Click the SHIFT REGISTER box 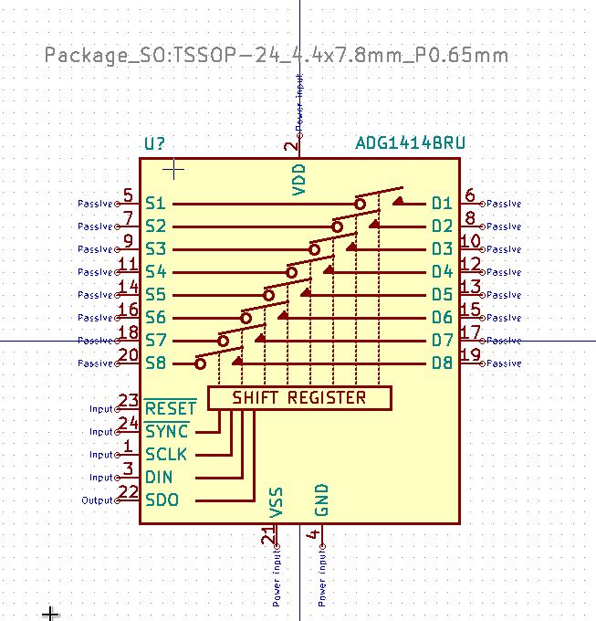(299, 398)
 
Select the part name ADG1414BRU (410, 143)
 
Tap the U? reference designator (155, 143)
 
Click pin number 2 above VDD (290, 145)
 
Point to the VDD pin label (298, 180)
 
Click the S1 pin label (155, 203)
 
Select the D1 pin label (443, 203)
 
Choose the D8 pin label (443, 363)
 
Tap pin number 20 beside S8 (128, 355)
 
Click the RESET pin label (170, 408)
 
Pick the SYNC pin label (167, 431)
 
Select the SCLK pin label (166, 454)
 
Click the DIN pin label (159, 477)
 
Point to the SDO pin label (162, 500)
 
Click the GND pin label (321, 500)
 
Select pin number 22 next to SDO (128, 492)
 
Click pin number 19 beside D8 (470, 355)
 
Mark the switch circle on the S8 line (201, 363)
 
